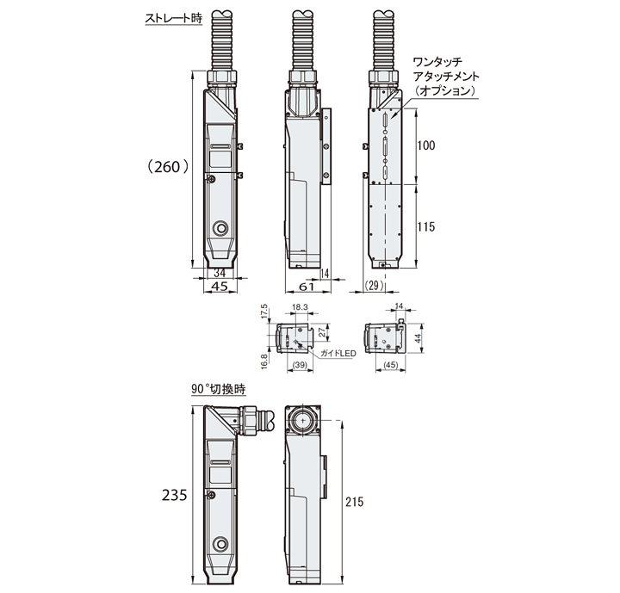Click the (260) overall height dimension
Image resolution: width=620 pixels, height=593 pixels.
(166, 167)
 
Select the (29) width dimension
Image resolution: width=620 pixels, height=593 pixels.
(374, 286)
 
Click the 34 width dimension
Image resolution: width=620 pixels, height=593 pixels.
(220, 273)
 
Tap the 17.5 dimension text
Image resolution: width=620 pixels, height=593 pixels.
(266, 311)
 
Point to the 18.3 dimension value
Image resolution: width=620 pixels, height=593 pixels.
(301, 307)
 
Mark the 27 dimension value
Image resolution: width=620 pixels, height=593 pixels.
(325, 332)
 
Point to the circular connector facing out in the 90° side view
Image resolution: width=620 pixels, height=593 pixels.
(303, 422)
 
